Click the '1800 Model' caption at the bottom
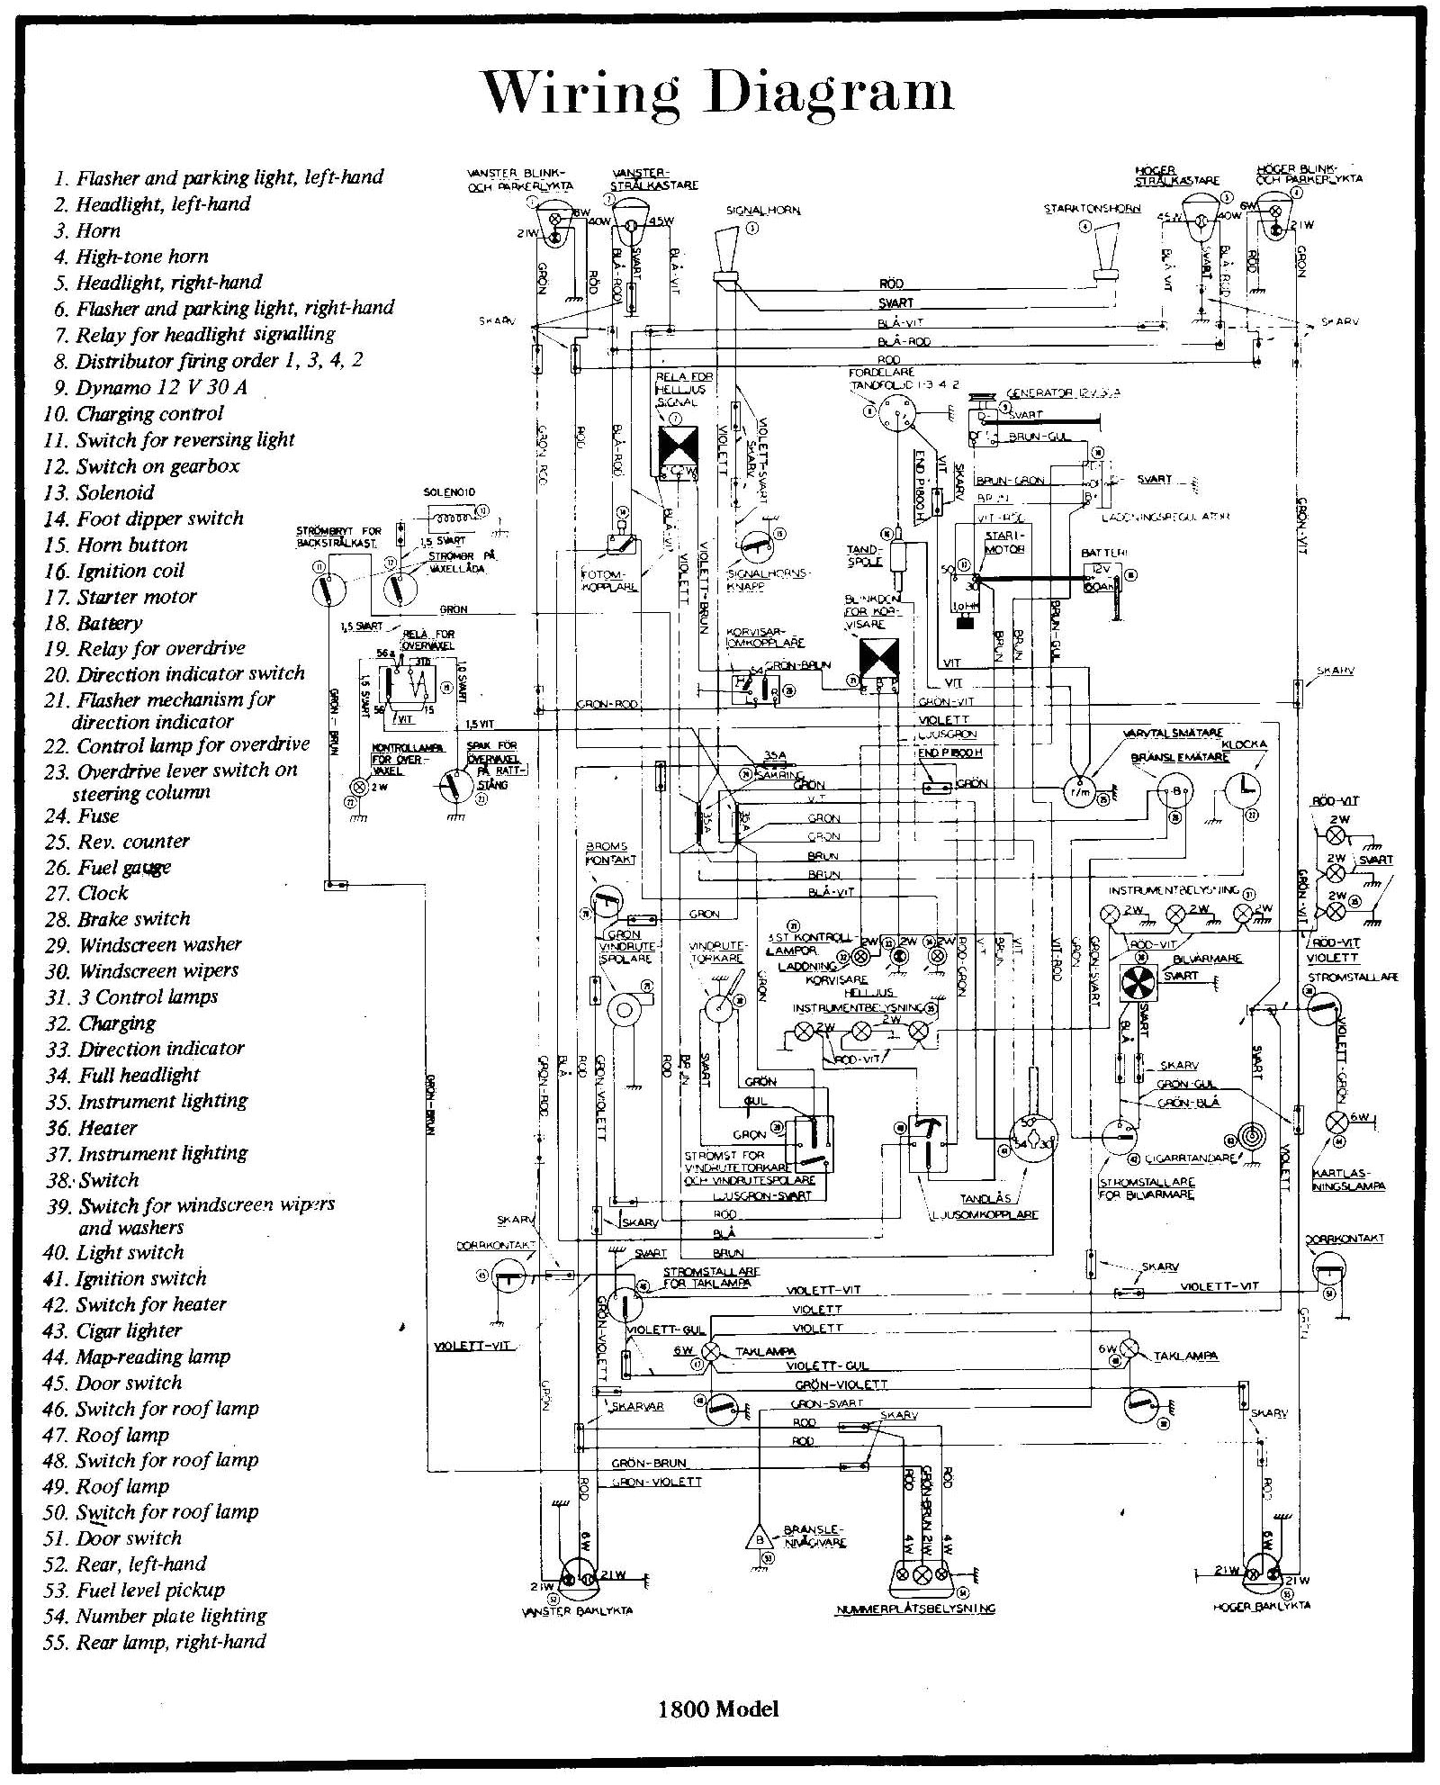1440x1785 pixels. [718, 1709]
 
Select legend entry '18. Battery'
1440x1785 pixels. [94, 623]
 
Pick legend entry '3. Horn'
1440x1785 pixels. [86, 230]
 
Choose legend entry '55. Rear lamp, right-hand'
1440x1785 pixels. [155, 1641]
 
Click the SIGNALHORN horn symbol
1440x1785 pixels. [725, 257]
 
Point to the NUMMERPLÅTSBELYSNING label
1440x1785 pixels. [914, 1609]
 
